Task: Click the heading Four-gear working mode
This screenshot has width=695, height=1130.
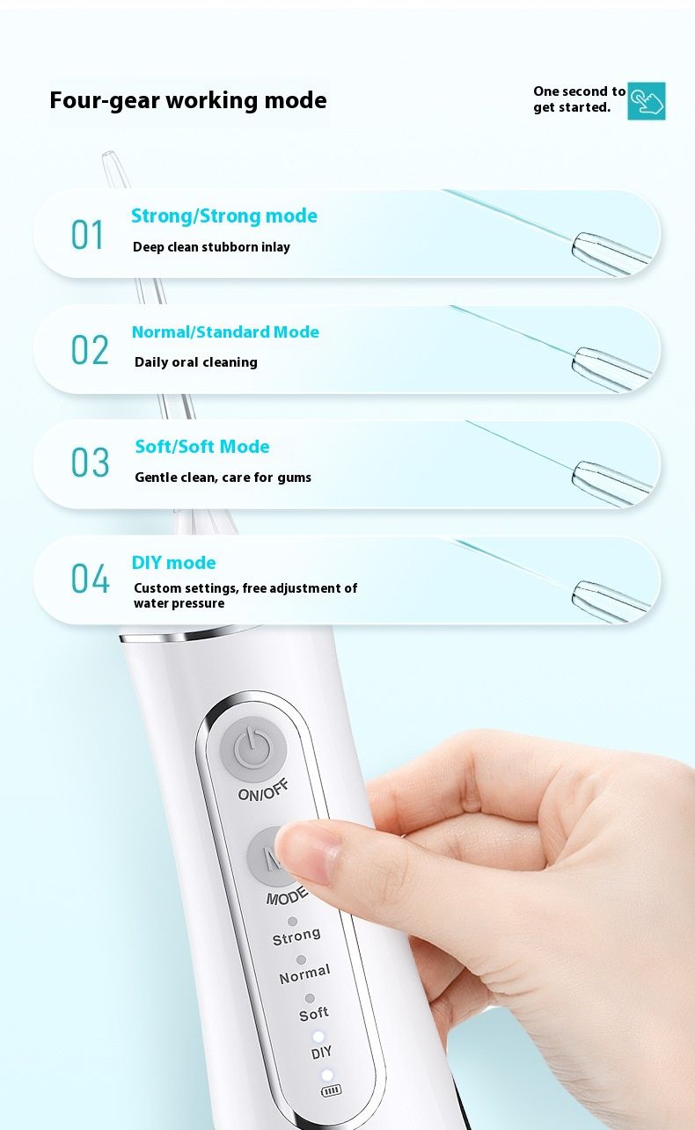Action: [x=187, y=100]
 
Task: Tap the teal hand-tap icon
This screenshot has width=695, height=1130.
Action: [x=646, y=101]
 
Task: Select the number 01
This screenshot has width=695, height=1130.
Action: [x=87, y=235]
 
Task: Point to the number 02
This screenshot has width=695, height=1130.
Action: [x=90, y=350]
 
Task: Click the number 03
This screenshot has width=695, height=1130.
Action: [x=90, y=462]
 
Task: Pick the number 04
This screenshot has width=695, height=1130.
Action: [x=90, y=578]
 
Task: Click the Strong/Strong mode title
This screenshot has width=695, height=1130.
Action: [x=224, y=216]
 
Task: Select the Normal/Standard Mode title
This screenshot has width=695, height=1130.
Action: [x=225, y=332]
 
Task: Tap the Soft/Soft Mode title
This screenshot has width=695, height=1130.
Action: [x=201, y=447]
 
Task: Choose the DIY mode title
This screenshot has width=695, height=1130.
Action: [x=173, y=563]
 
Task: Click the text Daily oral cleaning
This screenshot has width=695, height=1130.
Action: [x=196, y=362]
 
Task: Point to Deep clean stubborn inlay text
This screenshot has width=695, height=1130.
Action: [x=211, y=247]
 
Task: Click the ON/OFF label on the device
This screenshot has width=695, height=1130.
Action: [x=263, y=790]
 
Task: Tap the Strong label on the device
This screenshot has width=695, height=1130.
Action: [x=296, y=936]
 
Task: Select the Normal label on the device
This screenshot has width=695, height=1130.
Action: [x=305, y=973]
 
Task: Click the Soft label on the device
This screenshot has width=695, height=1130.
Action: [x=314, y=1013]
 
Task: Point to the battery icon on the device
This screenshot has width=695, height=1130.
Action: [x=331, y=1090]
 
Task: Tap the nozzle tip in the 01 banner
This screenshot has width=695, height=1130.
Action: [x=611, y=254]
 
